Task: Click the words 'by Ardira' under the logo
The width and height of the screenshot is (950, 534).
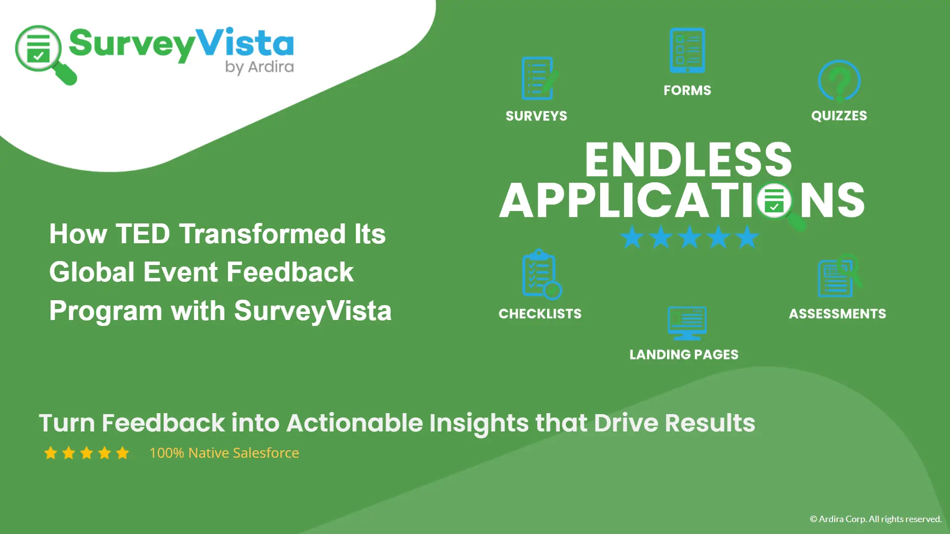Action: click(x=259, y=67)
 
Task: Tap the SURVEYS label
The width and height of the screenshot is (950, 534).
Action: click(x=536, y=116)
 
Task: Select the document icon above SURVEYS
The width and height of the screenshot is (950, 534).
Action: click(x=539, y=78)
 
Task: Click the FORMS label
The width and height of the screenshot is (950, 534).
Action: click(x=687, y=90)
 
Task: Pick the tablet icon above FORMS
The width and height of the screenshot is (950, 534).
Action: click(x=687, y=50)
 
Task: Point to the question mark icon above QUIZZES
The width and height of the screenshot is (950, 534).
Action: click(x=839, y=81)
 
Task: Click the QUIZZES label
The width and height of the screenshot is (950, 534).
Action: click(x=839, y=116)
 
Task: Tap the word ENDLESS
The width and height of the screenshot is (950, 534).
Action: click(x=688, y=160)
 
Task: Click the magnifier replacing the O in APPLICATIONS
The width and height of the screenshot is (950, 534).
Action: click(x=779, y=204)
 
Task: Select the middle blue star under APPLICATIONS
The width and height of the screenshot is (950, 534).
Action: click(x=689, y=237)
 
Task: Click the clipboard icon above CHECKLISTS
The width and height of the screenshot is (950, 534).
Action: click(x=541, y=274)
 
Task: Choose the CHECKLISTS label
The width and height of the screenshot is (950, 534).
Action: click(x=540, y=314)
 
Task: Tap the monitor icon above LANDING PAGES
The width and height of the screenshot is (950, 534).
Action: click(x=687, y=323)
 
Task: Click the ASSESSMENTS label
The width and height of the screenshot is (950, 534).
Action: click(x=838, y=314)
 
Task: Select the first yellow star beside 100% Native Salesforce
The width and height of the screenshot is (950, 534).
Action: click(x=51, y=453)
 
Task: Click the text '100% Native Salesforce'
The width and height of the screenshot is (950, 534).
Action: click(x=224, y=453)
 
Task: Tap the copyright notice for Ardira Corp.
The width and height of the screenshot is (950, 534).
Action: click(x=876, y=519)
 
